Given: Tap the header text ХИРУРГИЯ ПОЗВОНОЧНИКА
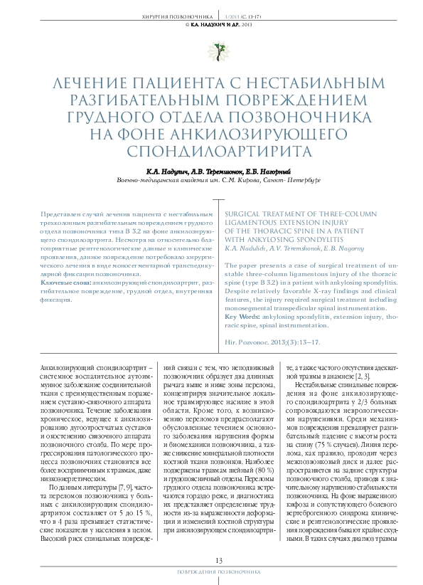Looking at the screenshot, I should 168,14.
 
